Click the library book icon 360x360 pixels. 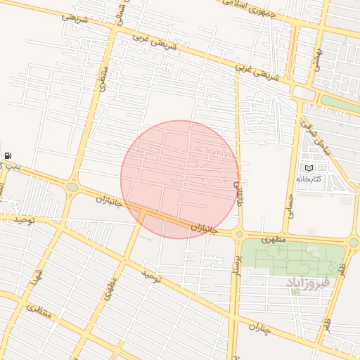(308, 168)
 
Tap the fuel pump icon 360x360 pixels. (7, 155)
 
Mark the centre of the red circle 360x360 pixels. (179, 179)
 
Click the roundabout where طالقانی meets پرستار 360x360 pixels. (239, 234)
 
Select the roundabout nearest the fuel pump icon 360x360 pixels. (72, 187)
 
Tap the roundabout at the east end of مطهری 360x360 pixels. (353, 243)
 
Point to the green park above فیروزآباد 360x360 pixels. (295, 258)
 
